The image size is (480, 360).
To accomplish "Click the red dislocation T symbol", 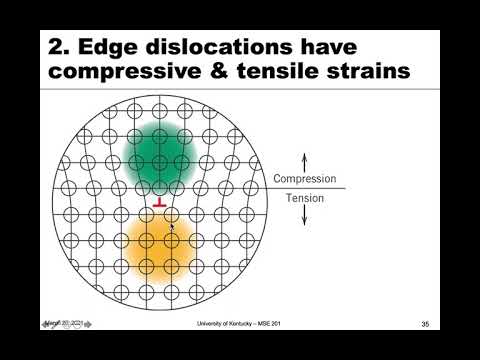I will click(x=159, y=204).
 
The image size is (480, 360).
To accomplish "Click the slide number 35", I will click(x=425, y=324).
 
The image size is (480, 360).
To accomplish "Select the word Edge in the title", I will click(x=109, y=49).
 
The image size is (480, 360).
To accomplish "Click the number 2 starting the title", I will click(x=58, y=49).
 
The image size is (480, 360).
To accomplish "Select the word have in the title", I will click(x=329, y=49).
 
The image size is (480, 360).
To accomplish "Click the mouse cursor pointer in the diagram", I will click(x=172, y=228).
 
